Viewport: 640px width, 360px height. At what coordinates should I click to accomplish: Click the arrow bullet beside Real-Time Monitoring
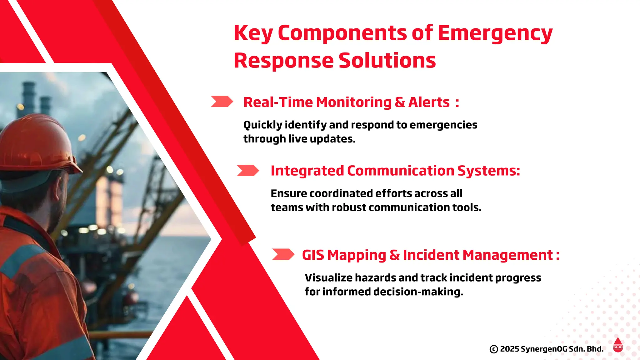pyautogui.click(x=222, y=102)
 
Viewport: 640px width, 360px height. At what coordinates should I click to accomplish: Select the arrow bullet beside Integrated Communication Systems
pyautogui.click(x=247, y=171)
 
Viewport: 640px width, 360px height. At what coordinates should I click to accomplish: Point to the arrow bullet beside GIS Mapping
pyautogui.click(x=283, y=254)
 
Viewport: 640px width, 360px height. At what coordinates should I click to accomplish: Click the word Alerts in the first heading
pyautogui.click(x=429, y=102)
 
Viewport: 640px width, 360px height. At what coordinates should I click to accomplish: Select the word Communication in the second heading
pyautogui.click(x=400, y=171)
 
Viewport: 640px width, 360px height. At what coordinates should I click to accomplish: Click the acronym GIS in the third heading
pyautogui.click(x=313, y=255)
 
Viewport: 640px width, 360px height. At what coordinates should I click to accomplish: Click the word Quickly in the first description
pyautogui.click(x=263, y=125)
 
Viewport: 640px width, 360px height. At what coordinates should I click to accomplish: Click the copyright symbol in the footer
pyautogui.click(x=493, y=349)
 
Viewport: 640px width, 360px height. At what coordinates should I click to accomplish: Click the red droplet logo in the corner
pyautogui.click(x=618, y=345)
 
